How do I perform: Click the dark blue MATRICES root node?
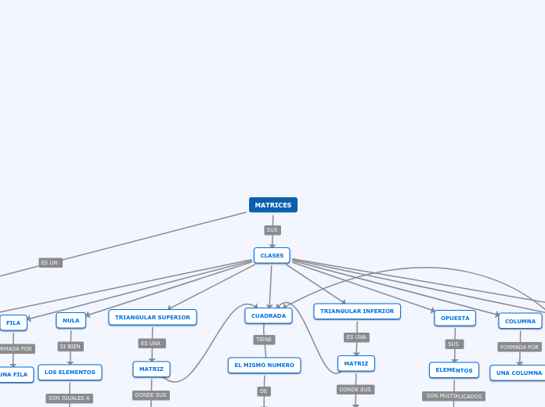(x=272, y=205)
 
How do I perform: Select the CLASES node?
(x=272, y=255)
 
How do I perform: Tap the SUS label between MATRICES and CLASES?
(x=272, y=230)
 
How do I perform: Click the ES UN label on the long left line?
(x=50, y=263)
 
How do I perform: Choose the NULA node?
(x=71, y=320)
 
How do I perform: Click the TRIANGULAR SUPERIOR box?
(x=153, y=317)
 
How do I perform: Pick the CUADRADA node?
(x=269, y=315)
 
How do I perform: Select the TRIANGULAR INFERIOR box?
(x=357, y=312)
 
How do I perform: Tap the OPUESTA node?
(x=455, y=318)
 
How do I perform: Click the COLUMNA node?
(x=520, y=321)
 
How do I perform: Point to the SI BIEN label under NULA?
(x=70, y=346)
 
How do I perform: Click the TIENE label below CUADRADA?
(x=264, y=340)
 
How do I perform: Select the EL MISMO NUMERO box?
(x=265, y=366)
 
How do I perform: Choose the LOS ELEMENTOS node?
(x=70, y=373)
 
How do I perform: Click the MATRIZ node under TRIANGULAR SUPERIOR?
(x=151, y=369)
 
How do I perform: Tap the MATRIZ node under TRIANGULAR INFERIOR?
(x=356, y=363)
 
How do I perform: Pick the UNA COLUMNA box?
(x=518, y=373)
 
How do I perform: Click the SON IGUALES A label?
(x=69, y=398)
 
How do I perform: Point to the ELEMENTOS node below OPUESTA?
(x=454, y=370)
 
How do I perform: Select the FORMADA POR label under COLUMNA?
(x=519, y=347)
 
